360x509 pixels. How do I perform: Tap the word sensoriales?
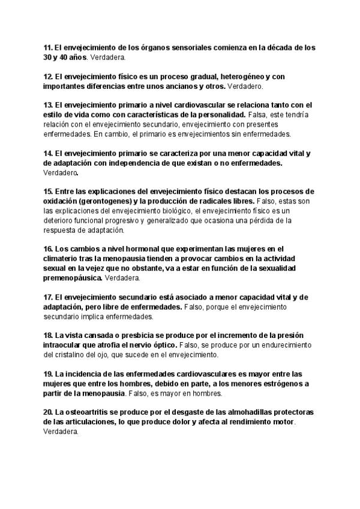point(183,47)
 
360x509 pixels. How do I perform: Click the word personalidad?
point(220,114)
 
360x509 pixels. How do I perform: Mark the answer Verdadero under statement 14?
point(61,172)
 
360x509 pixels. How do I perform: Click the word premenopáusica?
point(73,279)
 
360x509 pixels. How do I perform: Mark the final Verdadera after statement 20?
point(61,432)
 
